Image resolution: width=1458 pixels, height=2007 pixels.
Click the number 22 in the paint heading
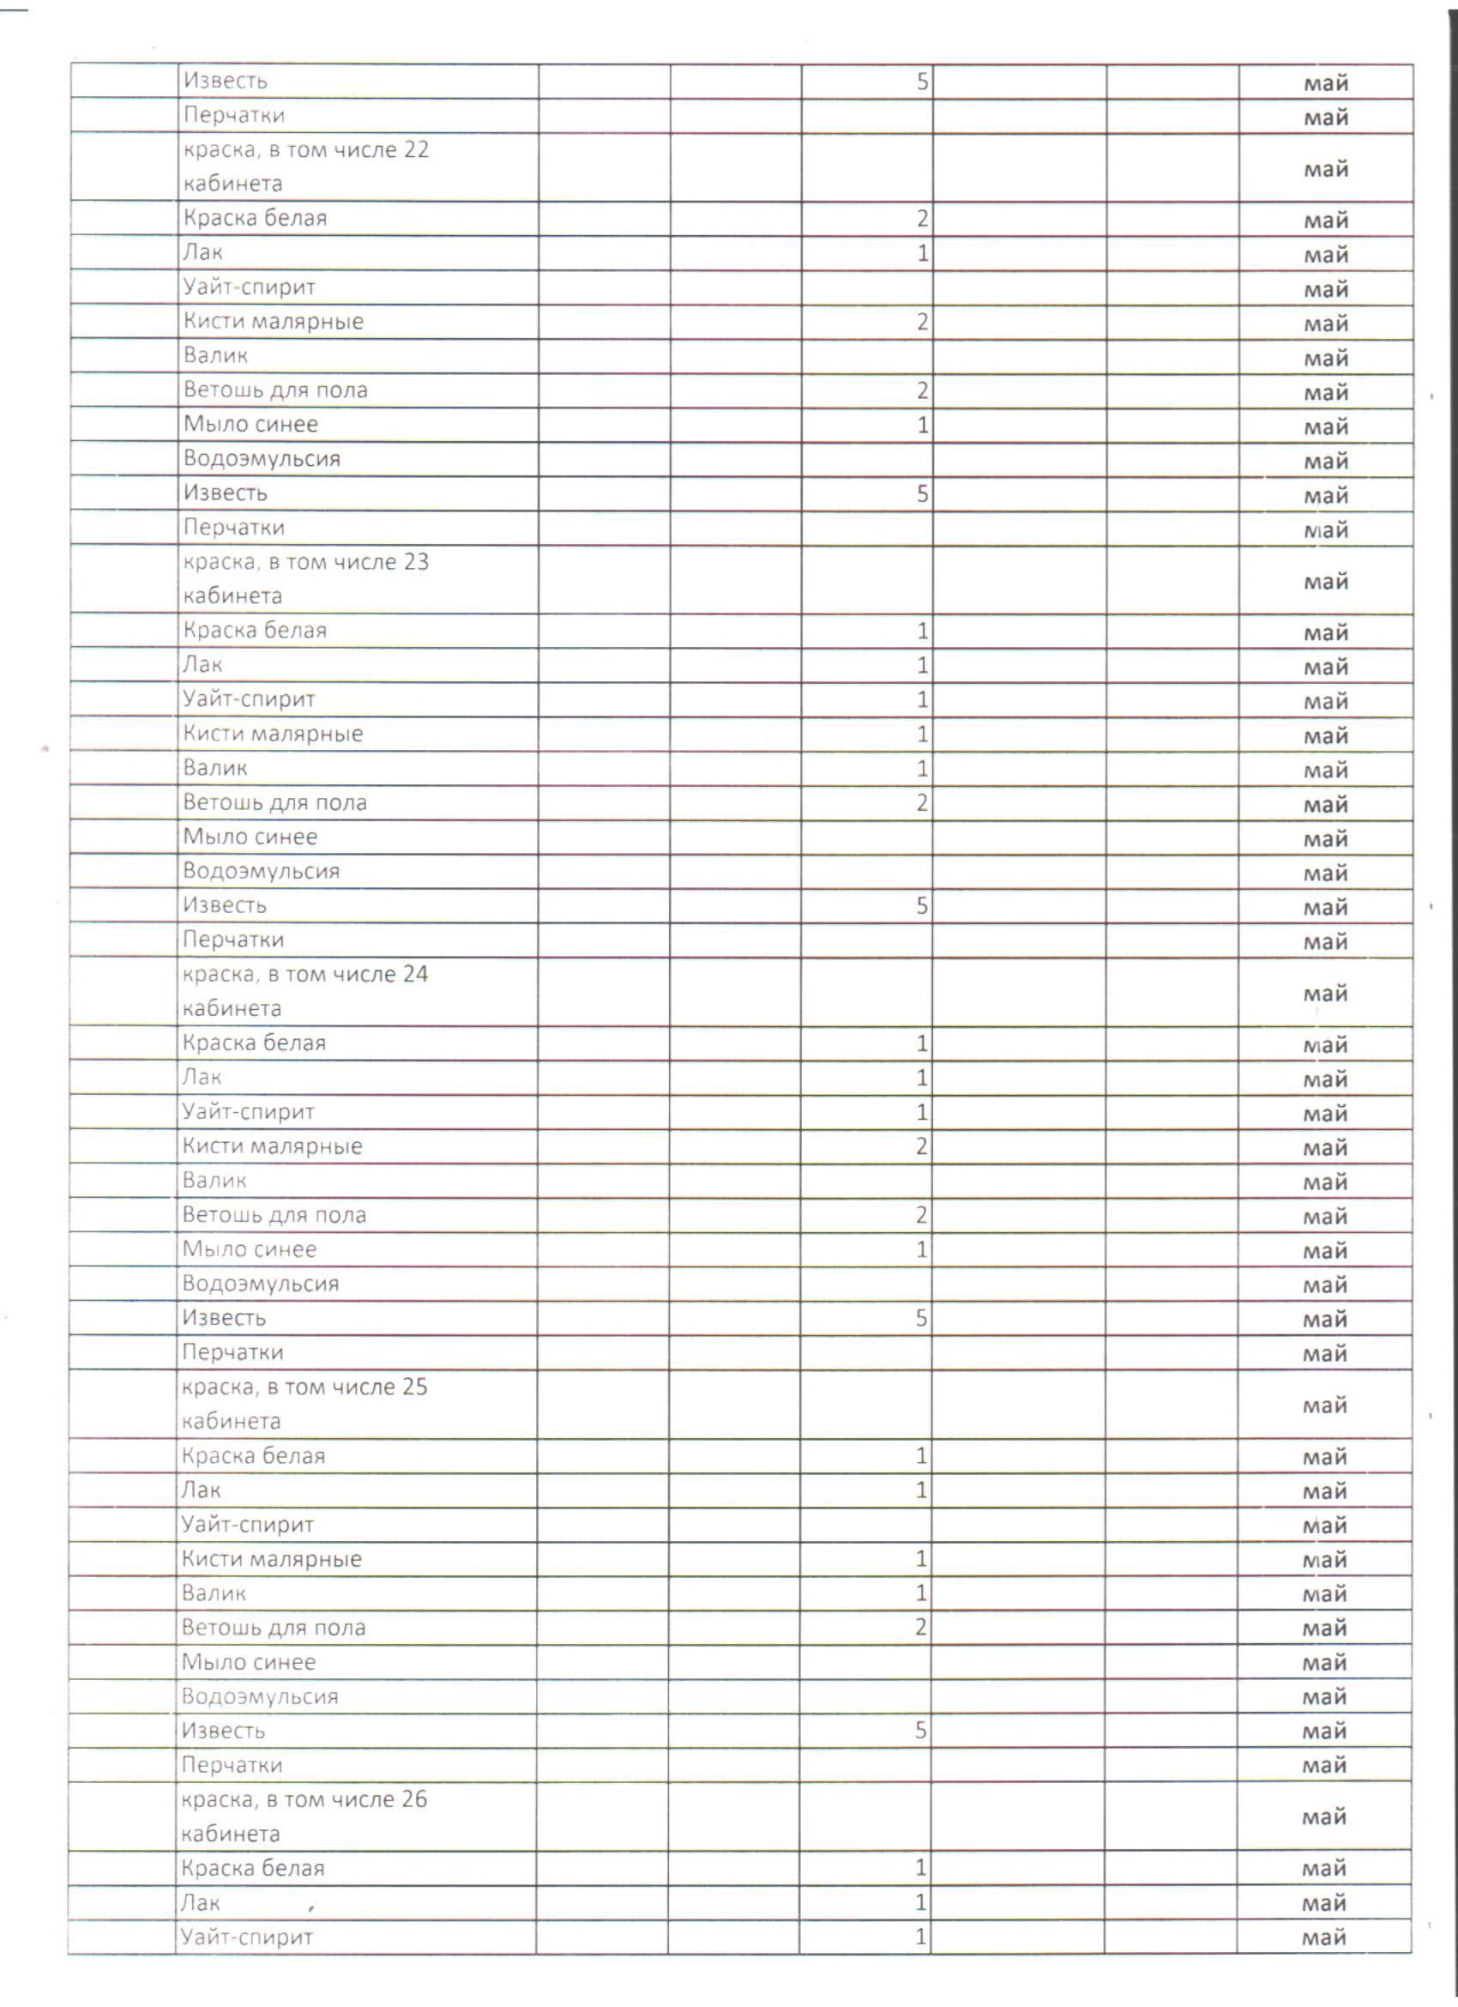(416, 149)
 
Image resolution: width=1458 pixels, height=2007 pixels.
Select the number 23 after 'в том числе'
(416, 562)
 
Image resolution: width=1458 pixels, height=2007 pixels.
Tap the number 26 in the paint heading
(414, 1799)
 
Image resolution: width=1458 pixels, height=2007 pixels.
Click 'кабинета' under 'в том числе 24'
(232, 1009)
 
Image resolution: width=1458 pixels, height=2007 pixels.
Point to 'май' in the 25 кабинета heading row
(1324, 1406)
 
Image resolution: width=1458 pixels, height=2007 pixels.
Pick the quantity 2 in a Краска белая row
(922, 219)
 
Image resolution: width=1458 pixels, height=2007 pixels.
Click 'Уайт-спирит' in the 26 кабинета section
(247, 1937)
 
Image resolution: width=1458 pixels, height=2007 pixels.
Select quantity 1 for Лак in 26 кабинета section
(920, 1901)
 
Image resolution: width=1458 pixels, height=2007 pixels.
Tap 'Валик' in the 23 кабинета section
(215, 768)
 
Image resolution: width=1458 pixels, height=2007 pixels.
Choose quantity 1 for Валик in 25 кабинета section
(921, 1593)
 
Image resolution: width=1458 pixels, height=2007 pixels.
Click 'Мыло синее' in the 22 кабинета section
(250, 425)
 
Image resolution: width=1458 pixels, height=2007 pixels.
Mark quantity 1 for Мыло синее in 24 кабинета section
(921, 1249)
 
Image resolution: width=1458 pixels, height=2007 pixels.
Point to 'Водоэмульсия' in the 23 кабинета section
(261, 872)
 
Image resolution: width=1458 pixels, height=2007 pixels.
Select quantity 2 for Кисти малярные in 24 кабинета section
(921, 1147)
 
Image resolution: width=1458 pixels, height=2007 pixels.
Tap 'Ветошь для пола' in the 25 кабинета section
(274, 1628)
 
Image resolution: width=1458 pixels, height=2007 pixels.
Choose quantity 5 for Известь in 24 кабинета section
(921, 1319)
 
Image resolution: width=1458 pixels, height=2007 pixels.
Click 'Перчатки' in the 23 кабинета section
(232, 940)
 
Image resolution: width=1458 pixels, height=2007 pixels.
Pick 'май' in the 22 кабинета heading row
(1325, 169)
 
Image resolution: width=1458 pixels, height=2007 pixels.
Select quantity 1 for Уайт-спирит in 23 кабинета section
(922, 700)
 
